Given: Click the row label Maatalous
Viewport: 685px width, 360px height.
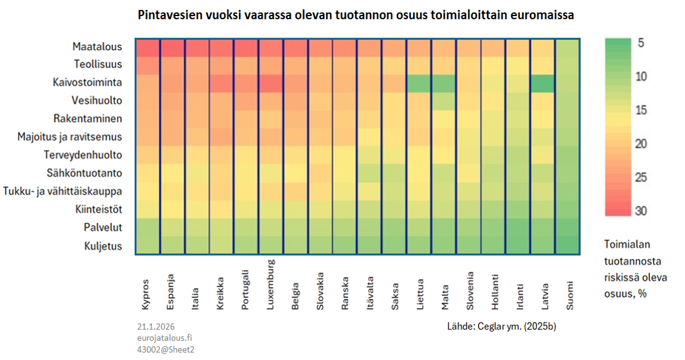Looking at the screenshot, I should coord(97,46).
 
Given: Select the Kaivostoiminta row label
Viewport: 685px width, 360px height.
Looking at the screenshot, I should coord(87,83).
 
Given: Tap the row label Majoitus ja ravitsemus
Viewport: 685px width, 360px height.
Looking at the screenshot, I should coord(70,137).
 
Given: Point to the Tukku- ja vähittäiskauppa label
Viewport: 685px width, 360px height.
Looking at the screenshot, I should coord(62,191).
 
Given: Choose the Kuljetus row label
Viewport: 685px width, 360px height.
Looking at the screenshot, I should coord(103,245).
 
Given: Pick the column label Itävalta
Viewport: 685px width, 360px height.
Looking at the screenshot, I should coord(370,292).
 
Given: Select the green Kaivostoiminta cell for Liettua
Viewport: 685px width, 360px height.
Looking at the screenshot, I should coord(419,83).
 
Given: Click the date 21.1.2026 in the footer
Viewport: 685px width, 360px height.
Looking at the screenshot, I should coord(155,327).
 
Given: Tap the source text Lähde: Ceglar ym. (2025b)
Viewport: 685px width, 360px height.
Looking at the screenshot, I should coord(501,327).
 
